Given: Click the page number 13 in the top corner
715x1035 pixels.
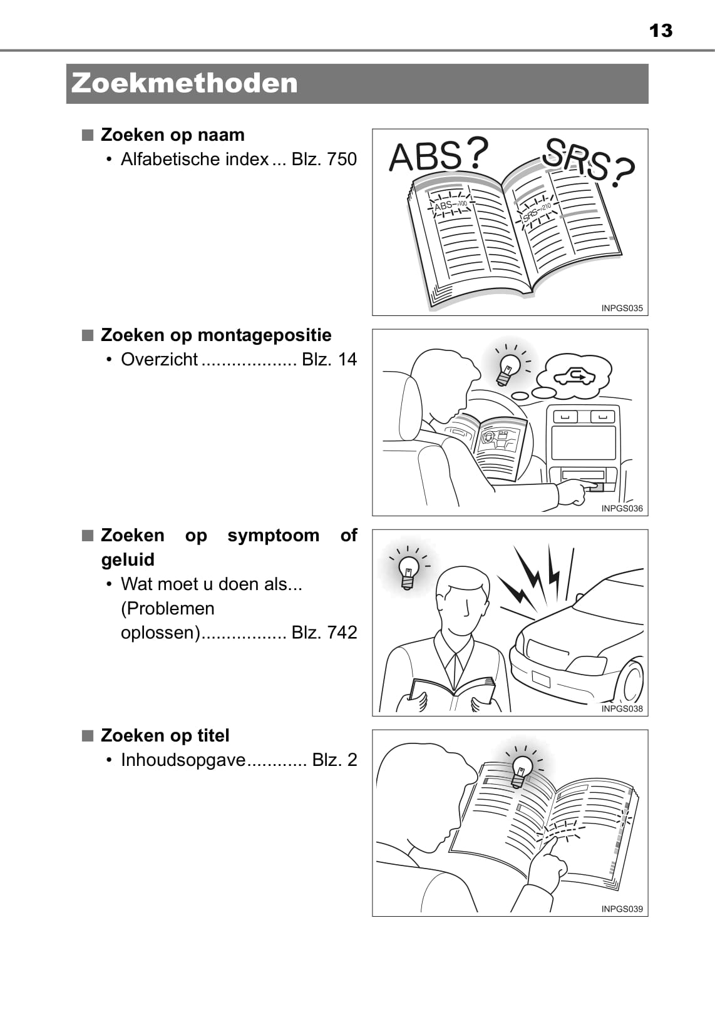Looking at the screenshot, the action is (x=661, y=31).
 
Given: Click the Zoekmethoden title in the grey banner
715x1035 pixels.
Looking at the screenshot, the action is (x=185, y=83).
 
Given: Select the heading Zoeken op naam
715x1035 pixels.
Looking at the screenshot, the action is (x=172, y=135).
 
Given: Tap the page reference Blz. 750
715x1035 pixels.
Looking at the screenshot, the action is (x=324, y=159).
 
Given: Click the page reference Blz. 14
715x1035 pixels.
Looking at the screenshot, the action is (x=329, y=359).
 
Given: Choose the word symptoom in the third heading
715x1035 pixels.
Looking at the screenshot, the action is (x=273, y=535).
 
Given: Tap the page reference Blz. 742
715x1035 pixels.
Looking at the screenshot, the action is (x=324, y=633).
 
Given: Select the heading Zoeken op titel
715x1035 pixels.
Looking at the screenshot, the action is (x=165, y=736).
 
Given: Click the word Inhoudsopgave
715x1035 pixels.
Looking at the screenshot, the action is (x=183, y=760).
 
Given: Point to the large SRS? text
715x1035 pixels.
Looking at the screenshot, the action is (x=589, y=163).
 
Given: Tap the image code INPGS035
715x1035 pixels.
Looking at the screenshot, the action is (x=622, y=308).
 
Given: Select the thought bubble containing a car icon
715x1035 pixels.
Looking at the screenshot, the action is (x=577, y=377).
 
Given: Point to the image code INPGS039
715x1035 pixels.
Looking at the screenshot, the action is (x=622, y=909).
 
